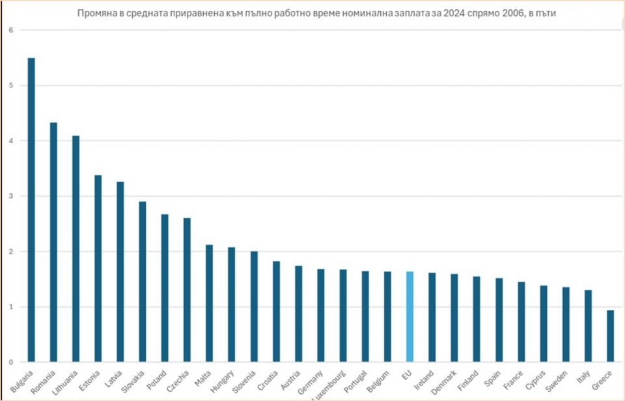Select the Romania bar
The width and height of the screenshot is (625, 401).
click(x=53, y=242)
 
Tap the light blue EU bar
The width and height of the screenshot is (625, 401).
click(x=410, y=316)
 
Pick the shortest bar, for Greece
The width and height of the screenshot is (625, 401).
click(x=610, y=336)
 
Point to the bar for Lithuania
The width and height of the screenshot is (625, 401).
click(x=76, y=248)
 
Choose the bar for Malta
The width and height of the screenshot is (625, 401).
click(x=209, y=303)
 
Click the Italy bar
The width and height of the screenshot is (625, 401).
click(x=588, y=325)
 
